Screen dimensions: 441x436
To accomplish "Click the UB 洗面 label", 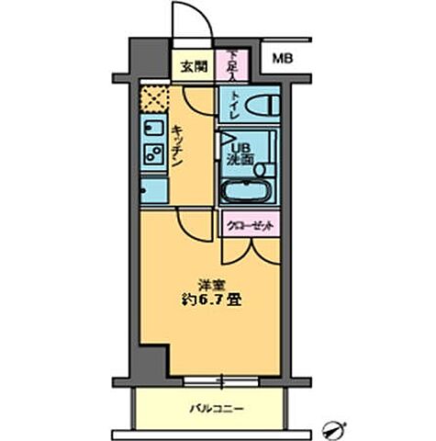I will point(240,151).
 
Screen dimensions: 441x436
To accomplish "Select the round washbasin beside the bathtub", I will point(263,168).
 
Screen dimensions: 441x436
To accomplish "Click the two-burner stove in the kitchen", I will point(153,153).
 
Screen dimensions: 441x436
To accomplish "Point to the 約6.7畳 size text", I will point(211,300).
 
